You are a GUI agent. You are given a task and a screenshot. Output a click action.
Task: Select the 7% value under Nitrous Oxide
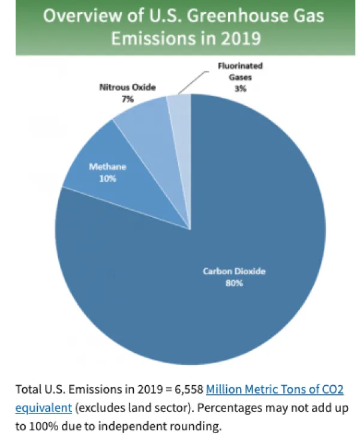(127, 99)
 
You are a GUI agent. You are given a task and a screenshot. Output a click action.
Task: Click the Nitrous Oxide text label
(127, 88)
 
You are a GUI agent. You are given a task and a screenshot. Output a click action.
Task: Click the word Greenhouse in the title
(229, 15)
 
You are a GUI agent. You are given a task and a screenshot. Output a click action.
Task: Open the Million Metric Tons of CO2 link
(275, 389)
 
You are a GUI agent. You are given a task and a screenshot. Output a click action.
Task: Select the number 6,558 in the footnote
(186, 389)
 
